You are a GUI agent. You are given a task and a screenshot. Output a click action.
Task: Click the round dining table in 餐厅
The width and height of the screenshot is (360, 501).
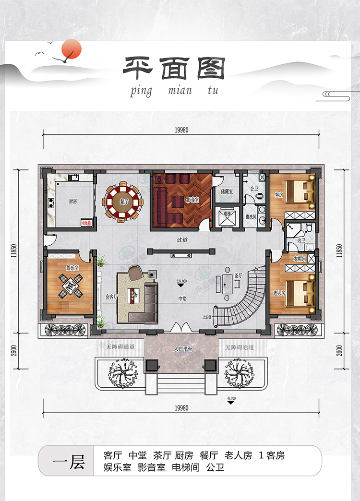(124, 202)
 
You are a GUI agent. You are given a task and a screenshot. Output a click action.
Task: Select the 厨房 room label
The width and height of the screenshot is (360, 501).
(72, 202)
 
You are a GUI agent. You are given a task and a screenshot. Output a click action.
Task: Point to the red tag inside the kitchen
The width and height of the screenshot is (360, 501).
(86, 223)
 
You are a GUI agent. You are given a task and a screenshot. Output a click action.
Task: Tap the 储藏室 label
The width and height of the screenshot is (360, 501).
(227, 191)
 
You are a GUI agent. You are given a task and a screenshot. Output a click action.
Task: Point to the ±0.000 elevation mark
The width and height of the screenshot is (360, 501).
(181, 281)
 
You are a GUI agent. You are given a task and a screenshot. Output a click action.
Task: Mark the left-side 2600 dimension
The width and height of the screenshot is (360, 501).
(16, 350)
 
